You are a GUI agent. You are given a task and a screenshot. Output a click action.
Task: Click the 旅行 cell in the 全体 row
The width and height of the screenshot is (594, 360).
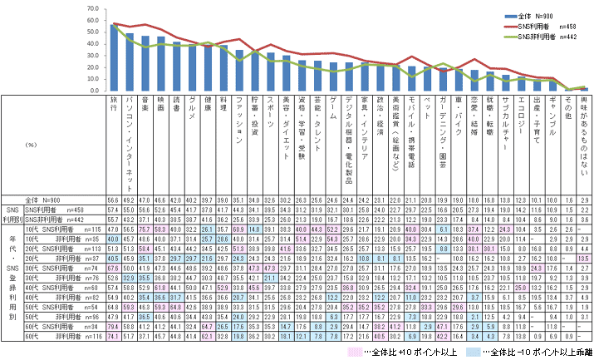click(114, 200)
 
